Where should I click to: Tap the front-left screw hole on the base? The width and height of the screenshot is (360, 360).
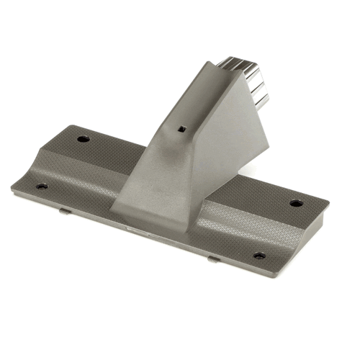tap(42, 186)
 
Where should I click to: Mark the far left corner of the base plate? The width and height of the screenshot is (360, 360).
tap(12, 189)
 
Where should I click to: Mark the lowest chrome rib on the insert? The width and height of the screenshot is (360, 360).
tap(261, 99)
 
